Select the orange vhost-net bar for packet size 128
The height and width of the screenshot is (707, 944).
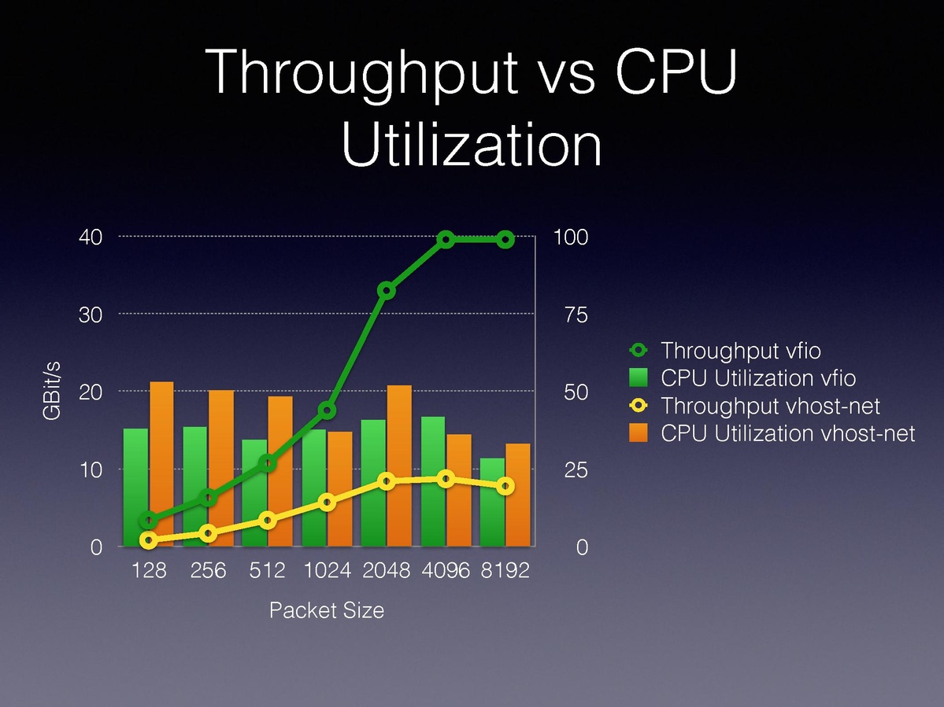click(x=162, y=464)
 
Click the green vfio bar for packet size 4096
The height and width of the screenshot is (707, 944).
click(x=433, y=481)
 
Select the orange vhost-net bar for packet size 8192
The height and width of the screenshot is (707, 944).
click(x=518, y=495)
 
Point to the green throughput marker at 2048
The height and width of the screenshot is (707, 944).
click(x=387, y=291)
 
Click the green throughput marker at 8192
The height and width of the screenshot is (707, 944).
click(x=505, y=239)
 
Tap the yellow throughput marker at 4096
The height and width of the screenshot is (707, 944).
click(x=446, y=479)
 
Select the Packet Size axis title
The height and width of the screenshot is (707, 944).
click(x=327, y=610)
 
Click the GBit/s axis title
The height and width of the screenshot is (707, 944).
click(x=53, y=392)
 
